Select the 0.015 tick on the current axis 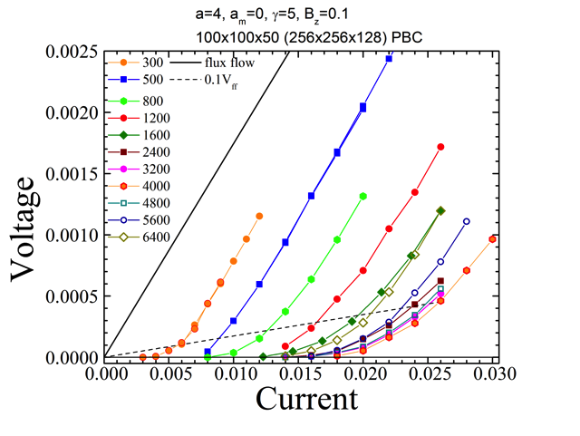(x=299, y=373)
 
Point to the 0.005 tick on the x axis (x=169, y=373)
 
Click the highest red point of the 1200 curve (x=441, y=147)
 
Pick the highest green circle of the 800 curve (x=363, y=196)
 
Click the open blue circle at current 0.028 (x=467, y=221)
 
